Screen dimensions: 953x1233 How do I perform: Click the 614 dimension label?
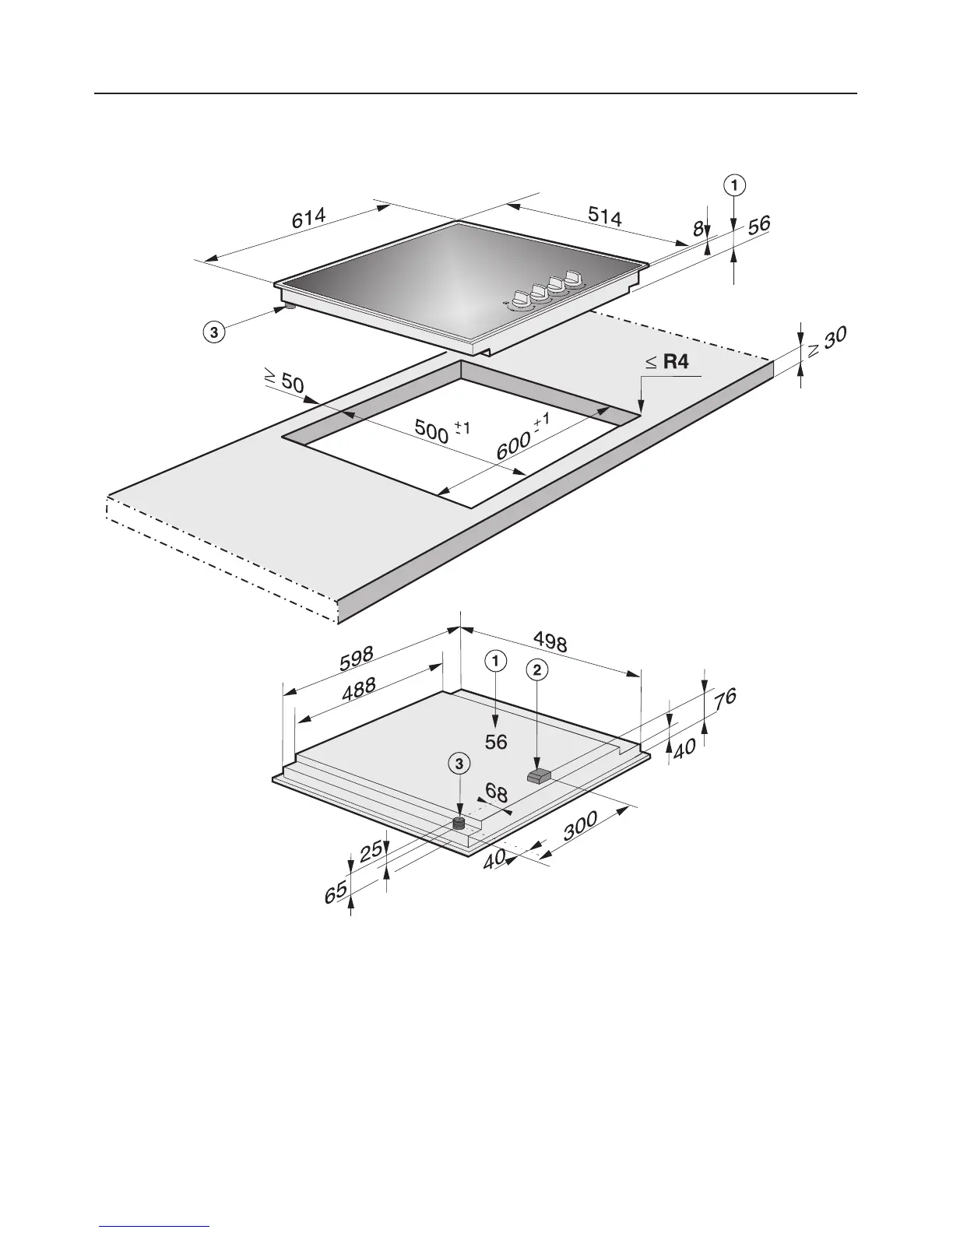point(309,217)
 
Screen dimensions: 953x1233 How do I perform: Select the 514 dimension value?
point(604,217)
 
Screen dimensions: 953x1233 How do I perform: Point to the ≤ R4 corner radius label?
point(667,361)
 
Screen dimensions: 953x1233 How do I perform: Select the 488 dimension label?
point(358,690)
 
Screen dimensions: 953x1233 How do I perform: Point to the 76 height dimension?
point(724,698)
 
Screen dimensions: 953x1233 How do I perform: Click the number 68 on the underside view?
point(496,794)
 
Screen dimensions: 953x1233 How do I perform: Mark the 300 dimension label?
point(580,826)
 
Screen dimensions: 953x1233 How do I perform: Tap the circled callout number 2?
point(537,669)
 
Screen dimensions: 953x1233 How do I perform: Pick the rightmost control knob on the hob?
point(574,277)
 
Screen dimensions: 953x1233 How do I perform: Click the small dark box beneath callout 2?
point(538,775)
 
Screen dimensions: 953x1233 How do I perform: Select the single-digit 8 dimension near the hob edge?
point(698,227)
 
